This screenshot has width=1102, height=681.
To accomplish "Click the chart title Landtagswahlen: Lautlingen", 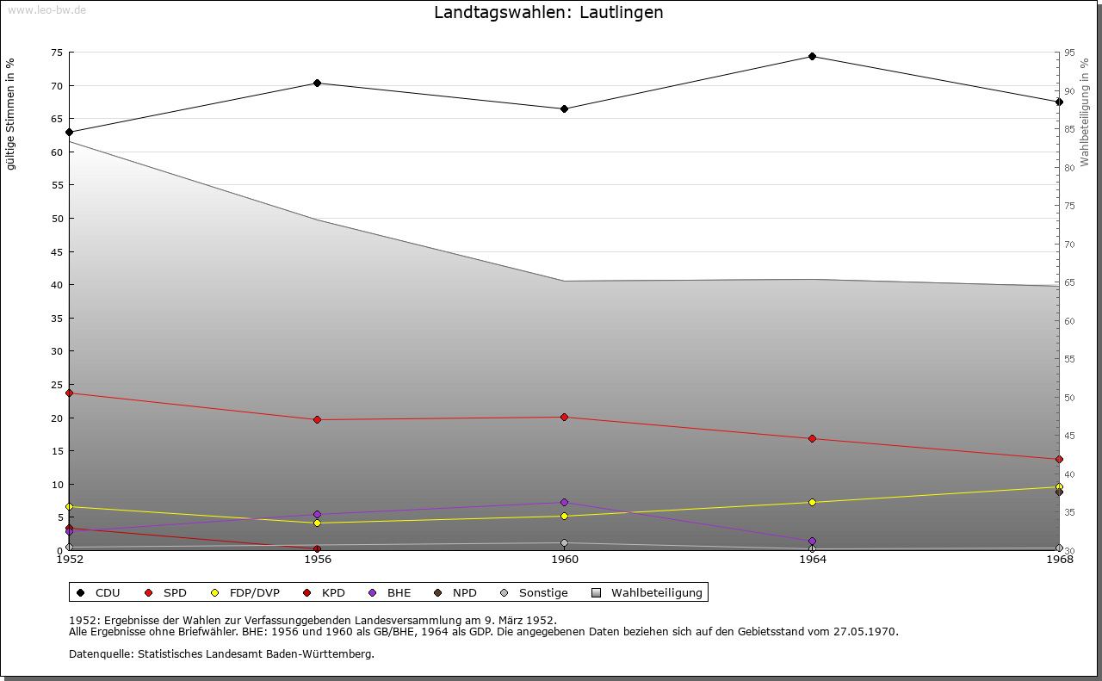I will click(x=548, y=13).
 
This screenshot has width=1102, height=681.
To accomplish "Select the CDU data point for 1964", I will click(x=812, y=57).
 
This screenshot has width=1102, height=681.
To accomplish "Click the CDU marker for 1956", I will click(x=317, y=84).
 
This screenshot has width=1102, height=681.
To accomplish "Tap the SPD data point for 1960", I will click(x=564, y=418).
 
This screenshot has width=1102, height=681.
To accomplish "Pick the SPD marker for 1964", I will click(x=812, y=439).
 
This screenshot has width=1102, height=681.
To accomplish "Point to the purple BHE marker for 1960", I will click(x=564, y=503).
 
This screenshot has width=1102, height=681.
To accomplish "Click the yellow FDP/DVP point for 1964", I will click(x=812, y=503).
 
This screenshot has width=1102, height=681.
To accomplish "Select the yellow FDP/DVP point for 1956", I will click(x=317, y=523).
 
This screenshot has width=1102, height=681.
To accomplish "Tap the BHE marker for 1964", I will click(x=812, y=542).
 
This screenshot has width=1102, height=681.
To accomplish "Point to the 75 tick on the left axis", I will click(x=56, y=53).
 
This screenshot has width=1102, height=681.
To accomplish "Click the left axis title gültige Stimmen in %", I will click(x=10, y=114).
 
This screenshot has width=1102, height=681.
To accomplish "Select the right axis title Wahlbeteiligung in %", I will click(x=1085, y=112).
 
